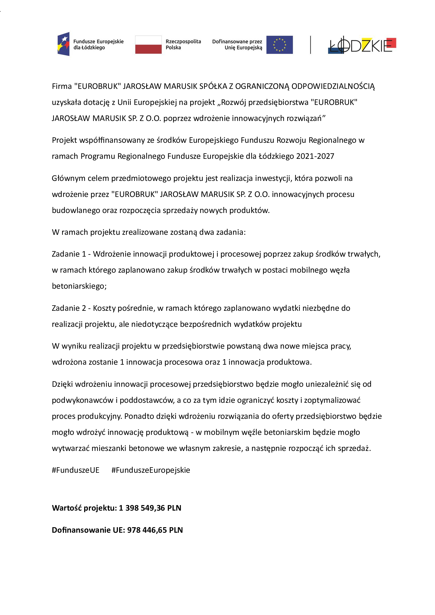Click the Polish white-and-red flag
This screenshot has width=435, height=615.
click(x=148, y=45)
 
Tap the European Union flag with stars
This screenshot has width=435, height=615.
click(x=279, y=45)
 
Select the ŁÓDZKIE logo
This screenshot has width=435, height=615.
click(x=362, y=45)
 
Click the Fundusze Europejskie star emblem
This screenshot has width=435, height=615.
click(x=64, y=44)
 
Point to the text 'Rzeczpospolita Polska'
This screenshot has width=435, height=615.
click(x=183, y=44)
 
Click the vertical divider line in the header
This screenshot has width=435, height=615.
click(x=310, y=45)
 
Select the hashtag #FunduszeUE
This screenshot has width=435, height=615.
click(x=75, y=470)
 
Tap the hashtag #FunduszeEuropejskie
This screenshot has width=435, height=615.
click(x=150, y=470)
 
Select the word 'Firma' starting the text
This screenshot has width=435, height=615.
click(x=62, y=86)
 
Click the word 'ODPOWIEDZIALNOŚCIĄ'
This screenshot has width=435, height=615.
click(x=333, y=86)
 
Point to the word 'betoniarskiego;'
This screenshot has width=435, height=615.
click(x=79, y=286)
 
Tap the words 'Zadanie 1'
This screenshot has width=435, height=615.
click(x=69, y=254)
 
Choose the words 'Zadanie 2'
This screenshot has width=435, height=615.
click(x=69, y=308)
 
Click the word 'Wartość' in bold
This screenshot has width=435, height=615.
click(x=67, y=508)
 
